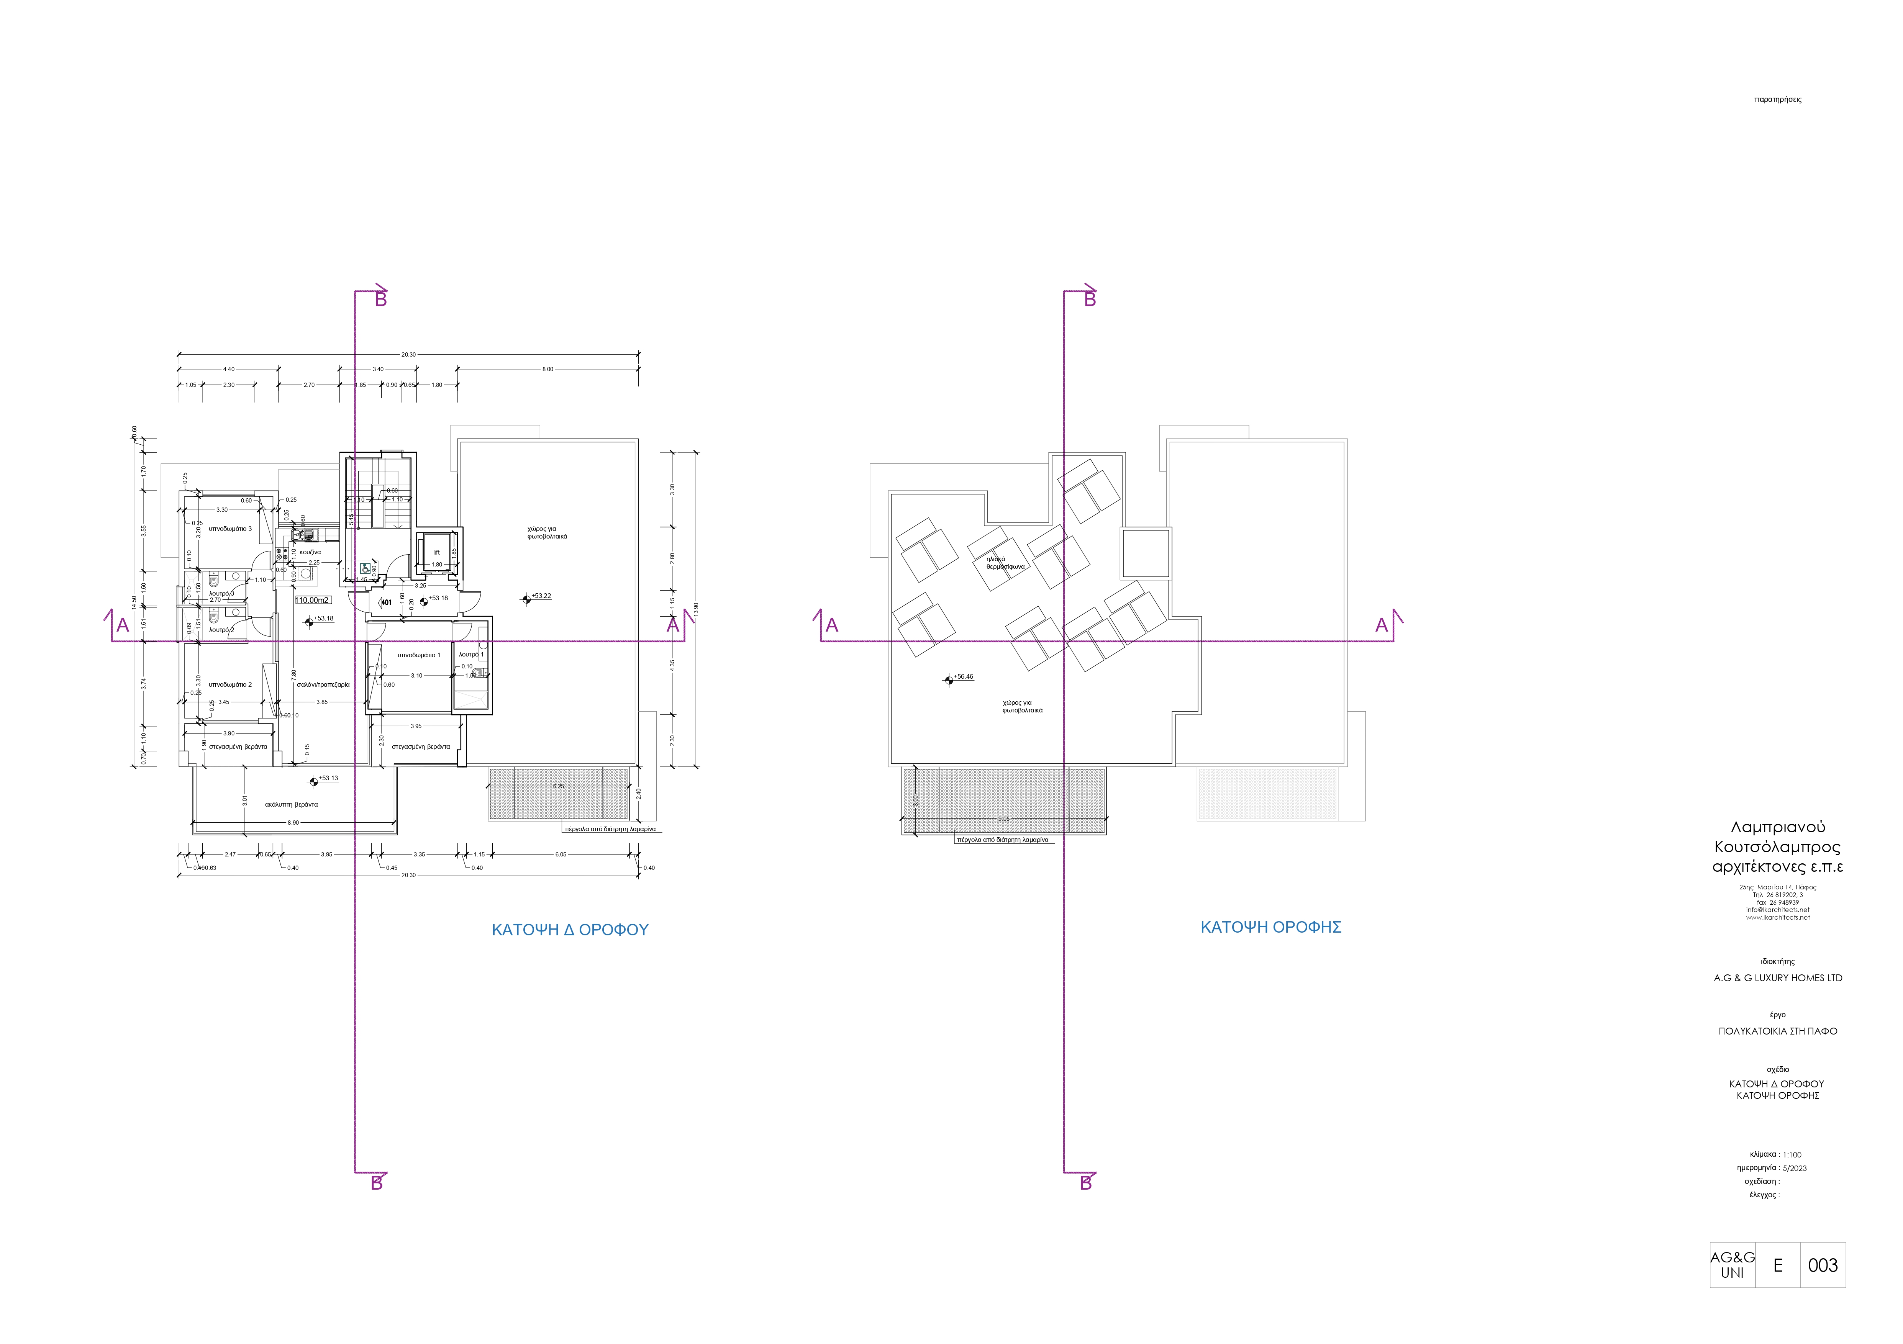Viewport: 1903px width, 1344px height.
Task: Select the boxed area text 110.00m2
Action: pos(313,600)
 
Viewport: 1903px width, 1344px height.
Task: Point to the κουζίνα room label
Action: pos(310,552)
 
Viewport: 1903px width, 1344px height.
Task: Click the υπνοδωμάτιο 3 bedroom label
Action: pos(230,529)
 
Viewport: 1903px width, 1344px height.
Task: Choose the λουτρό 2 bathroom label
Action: pos(221,630)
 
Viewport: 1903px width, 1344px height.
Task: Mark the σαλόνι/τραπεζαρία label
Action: pos(323,684)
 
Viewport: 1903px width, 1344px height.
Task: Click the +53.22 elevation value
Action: pos(541,596)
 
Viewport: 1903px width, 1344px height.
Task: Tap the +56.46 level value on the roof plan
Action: pos(964,676)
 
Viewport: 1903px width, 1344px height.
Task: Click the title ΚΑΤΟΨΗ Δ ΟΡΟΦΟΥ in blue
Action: pos(570,930)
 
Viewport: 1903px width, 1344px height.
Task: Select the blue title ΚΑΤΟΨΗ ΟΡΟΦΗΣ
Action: pos(1270,927)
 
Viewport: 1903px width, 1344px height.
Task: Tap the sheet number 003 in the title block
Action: pos(1823,1265)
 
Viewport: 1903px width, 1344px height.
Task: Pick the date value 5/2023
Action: pos(1795,1168)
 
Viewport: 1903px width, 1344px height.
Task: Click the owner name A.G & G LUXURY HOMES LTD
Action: pos(1778,978)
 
